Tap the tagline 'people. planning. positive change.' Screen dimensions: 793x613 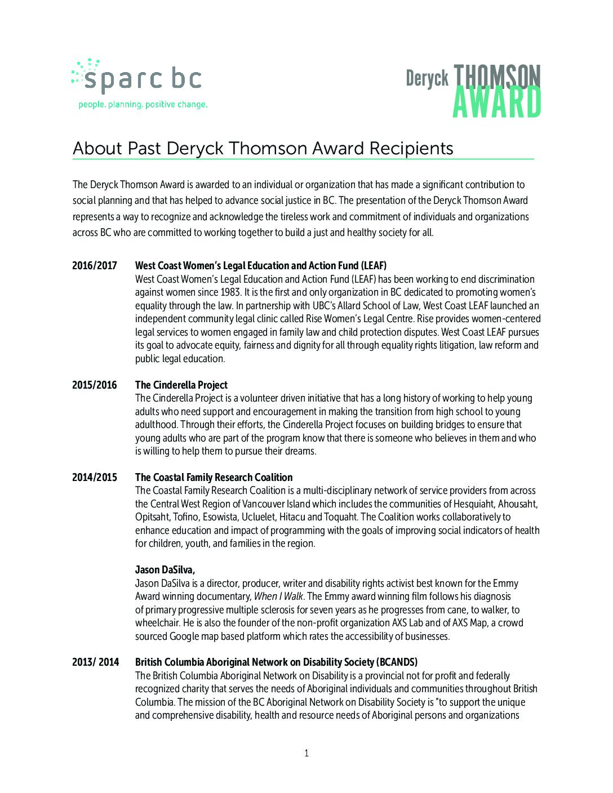(x=143, y=104)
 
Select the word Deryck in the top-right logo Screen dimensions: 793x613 (x=427, y=79)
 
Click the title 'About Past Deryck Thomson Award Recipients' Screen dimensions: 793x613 (x=263, y=148)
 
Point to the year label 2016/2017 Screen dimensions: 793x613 (x=95, y=266)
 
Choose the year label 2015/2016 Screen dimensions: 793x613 (x=95, y=385)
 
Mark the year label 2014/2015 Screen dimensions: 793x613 (x=95, y=478)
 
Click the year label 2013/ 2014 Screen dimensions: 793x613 (x=96, y=662)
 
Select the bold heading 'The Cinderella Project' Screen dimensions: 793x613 (x=181, y=385)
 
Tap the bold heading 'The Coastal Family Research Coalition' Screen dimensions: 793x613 (x=214, y=478)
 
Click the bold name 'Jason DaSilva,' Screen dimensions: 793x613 (x=165, y=570)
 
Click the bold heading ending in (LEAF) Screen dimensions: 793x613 (x=261, y=266)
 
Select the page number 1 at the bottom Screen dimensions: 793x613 (x=306, y=754)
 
